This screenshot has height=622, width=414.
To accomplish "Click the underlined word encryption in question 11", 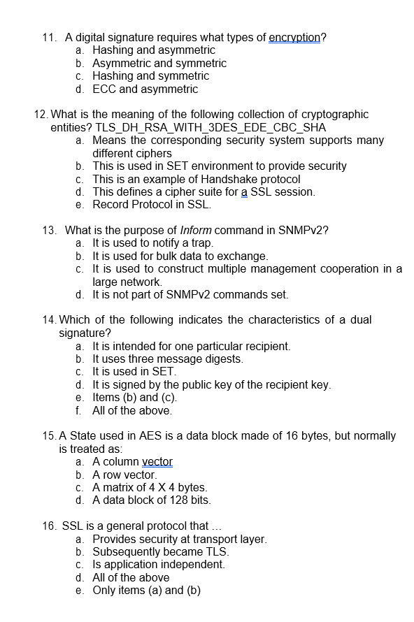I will (294, 37).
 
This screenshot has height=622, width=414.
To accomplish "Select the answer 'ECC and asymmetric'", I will (145, 89).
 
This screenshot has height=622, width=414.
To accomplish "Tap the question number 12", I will (41, 114).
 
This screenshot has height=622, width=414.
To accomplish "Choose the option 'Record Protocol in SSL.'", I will (152, 205).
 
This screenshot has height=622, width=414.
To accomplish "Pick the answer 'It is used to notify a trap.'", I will (152, 243).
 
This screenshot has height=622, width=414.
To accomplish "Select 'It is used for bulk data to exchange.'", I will (180, 256).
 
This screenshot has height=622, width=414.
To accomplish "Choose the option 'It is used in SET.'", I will (132, 372).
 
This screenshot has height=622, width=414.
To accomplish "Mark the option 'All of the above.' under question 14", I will (132, 410).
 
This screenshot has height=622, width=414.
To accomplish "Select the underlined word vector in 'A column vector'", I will (157, 462).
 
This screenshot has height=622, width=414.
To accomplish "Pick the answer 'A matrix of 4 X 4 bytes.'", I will (150, 487).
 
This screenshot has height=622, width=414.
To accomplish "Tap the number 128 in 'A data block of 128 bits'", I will (178, 500).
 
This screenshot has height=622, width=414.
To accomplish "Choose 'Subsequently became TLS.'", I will (160, 551).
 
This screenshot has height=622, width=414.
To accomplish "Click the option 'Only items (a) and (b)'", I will (146, 590).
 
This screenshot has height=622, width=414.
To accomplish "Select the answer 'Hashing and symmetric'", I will (150, 75).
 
